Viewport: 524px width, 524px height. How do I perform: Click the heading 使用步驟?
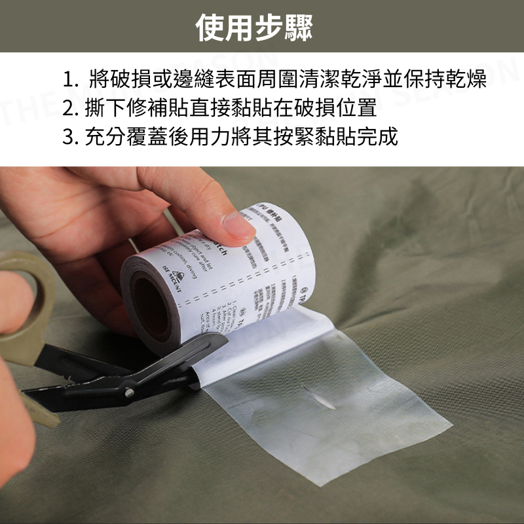(x=255, y=27)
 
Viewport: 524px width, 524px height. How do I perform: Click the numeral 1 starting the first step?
(x=67, y=81)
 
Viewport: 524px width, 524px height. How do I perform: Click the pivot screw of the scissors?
(x=130, y=392)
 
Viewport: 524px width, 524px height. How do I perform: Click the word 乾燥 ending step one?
(x=468, y=81)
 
